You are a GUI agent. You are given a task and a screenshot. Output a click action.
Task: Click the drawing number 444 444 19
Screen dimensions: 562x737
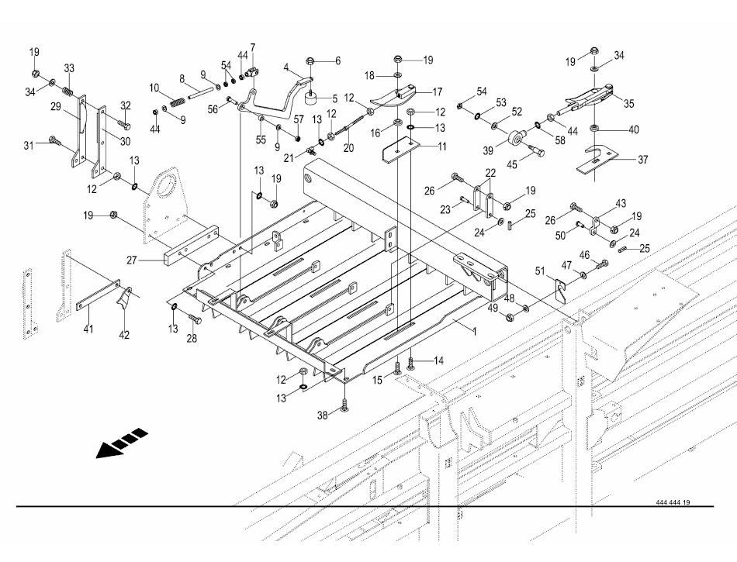672,502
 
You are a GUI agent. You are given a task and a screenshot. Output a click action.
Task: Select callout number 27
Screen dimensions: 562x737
133,261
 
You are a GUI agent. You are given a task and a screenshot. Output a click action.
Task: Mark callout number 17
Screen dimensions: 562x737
438,91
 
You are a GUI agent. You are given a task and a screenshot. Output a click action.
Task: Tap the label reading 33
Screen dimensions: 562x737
69,68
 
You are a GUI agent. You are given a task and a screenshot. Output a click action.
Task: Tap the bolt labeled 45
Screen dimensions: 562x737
535,153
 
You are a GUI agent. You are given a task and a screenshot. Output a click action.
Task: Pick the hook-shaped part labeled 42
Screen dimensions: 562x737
122,300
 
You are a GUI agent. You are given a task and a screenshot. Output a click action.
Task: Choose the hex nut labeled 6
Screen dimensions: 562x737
311,60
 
